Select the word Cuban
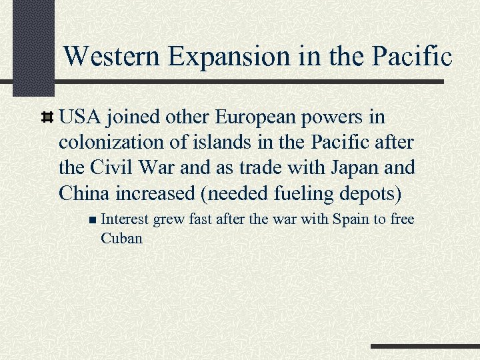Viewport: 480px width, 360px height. [121, 237]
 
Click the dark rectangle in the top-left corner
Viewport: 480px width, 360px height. [33, 47]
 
